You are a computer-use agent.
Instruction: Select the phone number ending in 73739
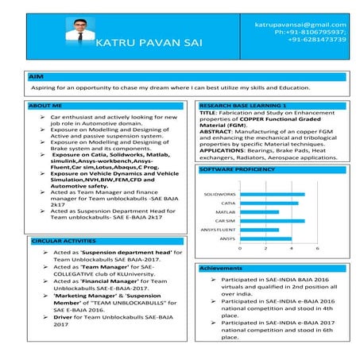(x=316, y=39)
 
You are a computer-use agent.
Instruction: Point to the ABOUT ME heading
(x=45, y=105)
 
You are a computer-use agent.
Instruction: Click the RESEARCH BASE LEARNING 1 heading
(x=242, y=105)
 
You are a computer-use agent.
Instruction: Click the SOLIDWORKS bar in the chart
(x=273, y=194)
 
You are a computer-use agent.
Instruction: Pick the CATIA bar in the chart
(x=269, y=203)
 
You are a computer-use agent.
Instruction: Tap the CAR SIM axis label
(x=225, y=221)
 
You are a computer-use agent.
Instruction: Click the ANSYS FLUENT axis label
(x=218, y=230)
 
